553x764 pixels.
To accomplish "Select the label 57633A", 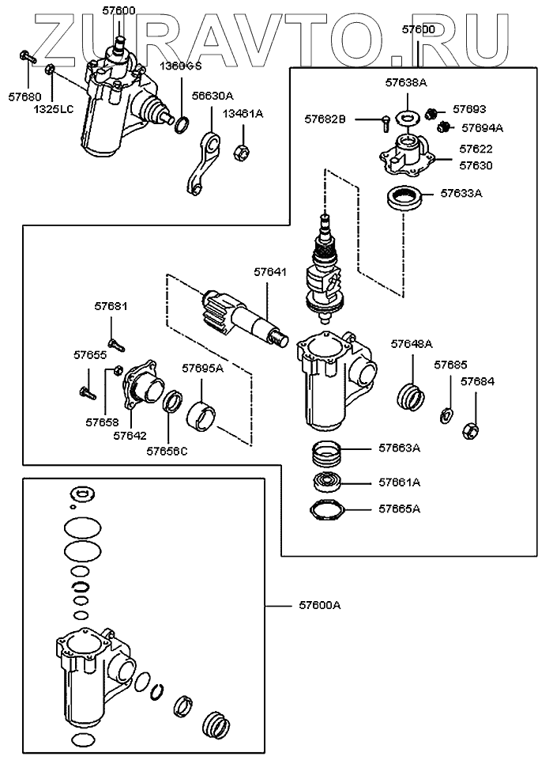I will (461, 192).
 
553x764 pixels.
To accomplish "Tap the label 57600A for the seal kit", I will (320, 605).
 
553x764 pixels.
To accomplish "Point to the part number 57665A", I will (399, 509).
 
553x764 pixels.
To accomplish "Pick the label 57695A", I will (203, 368).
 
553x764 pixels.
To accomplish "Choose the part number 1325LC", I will (53, 107).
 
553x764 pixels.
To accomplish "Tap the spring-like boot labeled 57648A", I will (411, 393).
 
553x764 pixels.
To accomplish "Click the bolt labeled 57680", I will (27, 56).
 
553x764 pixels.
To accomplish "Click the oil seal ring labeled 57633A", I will (402, 197).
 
